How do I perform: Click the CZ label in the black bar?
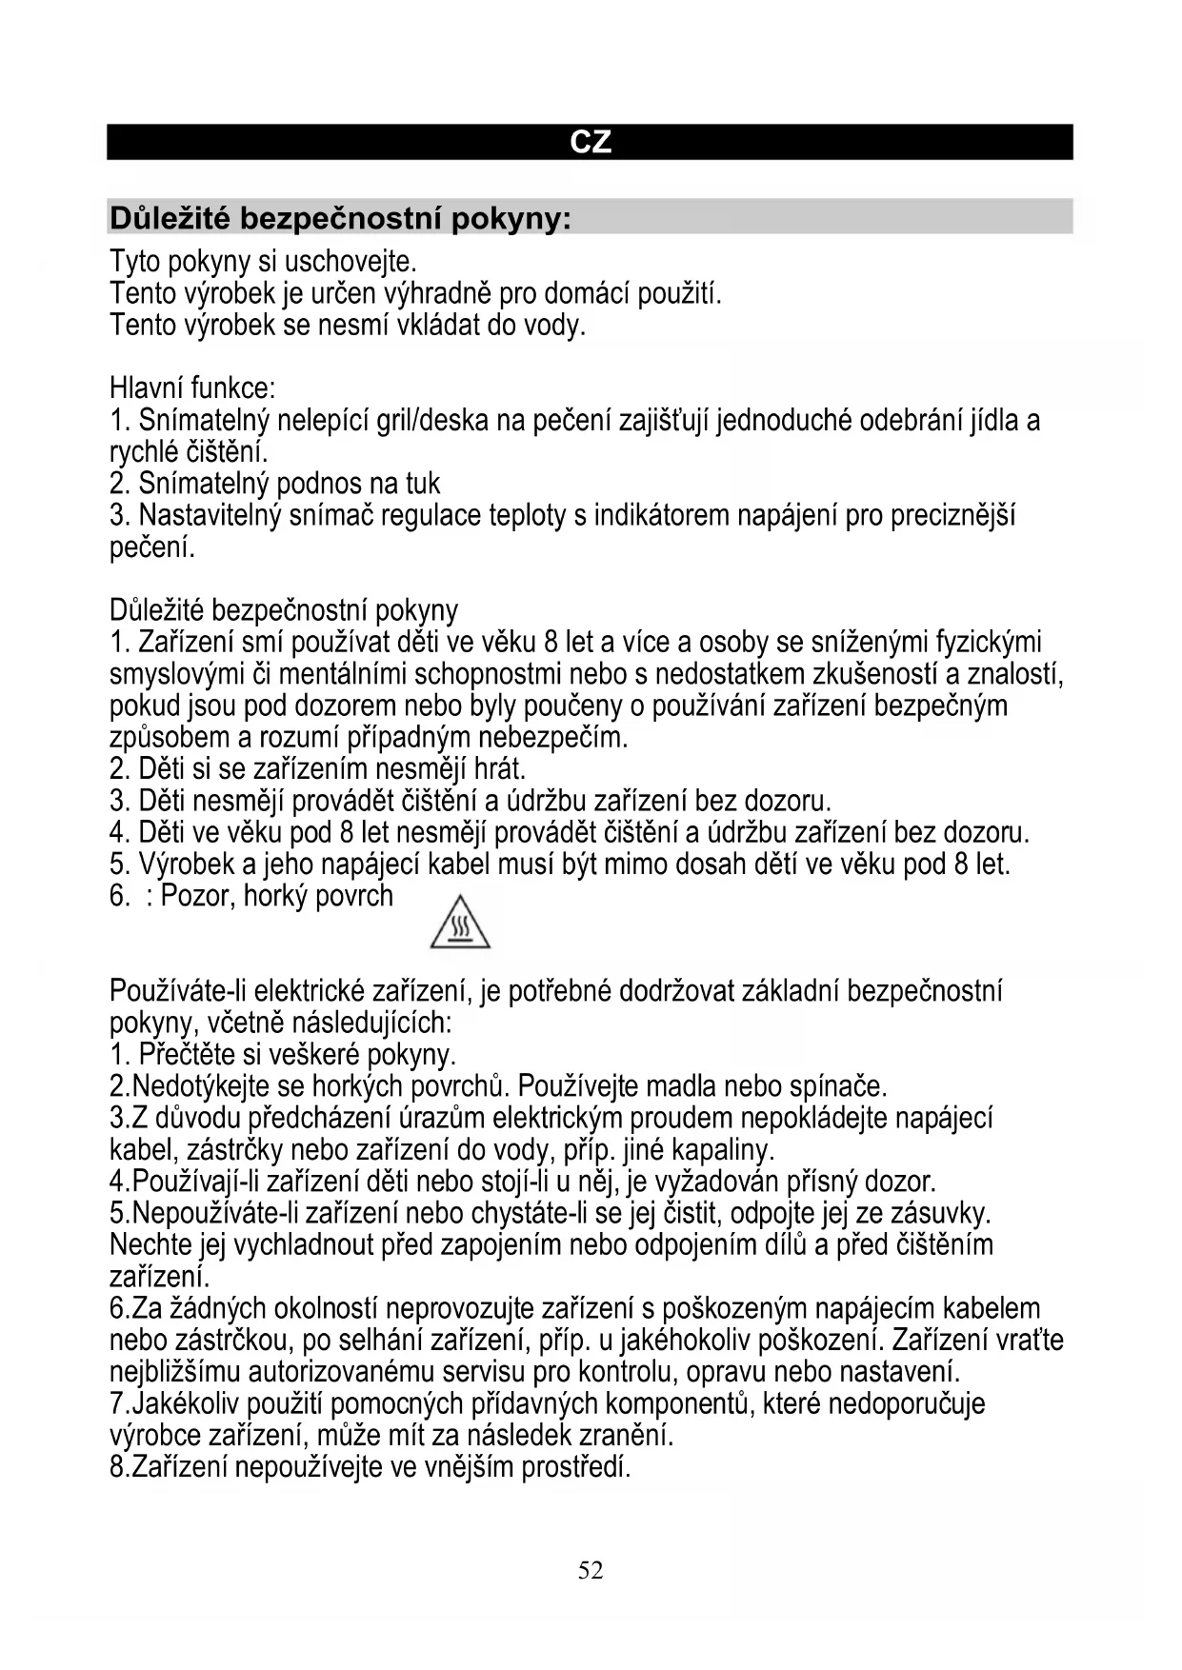591,142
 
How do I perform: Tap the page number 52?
591,1570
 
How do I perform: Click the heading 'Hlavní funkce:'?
192,388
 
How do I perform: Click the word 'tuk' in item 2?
423,484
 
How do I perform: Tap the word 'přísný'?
822,1182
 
